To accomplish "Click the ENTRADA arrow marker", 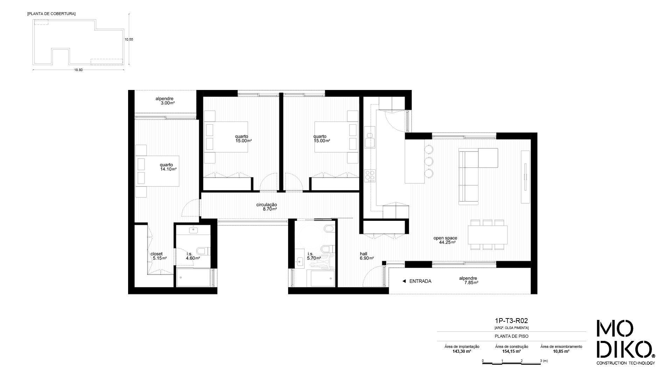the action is tap(404, 281).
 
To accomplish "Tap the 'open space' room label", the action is tap(445, 238).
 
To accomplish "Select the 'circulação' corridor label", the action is tap(266, 205).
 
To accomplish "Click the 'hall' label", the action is tap(363, 254).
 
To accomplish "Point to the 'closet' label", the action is tap(156, 254).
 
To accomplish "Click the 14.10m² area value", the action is tap(168, 169).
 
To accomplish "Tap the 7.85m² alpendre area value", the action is tap(471, 283).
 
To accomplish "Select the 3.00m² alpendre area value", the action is tap(168, 103).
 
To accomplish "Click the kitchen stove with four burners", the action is tap(370, 175).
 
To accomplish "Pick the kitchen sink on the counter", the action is tap(370, 140).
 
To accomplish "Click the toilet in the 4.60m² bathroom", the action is tap(203, 251).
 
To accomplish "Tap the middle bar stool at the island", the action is tap(429, 161).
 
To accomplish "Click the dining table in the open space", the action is tap(488, 235).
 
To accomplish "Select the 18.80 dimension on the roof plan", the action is tap(78, 70).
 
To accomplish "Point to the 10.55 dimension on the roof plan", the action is tap(129, 40).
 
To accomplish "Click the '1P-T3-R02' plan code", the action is tap(511, 321).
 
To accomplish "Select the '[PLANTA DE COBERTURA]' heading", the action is tap(51, 14).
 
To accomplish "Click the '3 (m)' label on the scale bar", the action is tap(544, 360).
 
